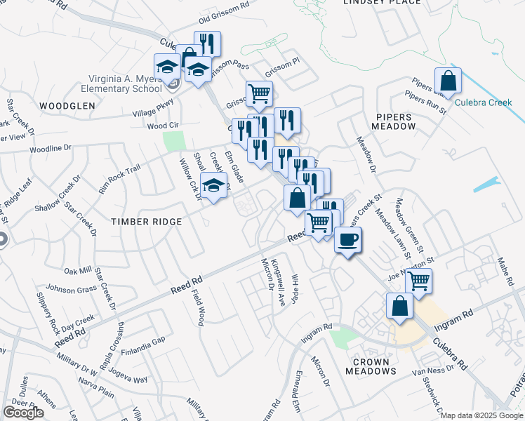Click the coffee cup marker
click(x=347, y=240)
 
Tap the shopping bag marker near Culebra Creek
click(x=448, y=81)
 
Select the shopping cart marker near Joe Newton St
click(x=418, y=281)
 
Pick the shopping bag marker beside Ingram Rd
click(x=399, y=307)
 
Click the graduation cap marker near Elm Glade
click(x=213, y=186)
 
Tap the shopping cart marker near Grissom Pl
click(x=259, y=93)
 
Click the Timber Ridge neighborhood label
click(x=146, y=221)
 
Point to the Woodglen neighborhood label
click(x=67, y=105)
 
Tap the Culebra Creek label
click(x=483, y=102)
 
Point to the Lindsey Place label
click(x=382, y=2)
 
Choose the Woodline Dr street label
click(x=51, y=149)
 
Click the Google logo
click(x=23, y=413)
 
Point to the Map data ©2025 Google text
click(x=481, y=415)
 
